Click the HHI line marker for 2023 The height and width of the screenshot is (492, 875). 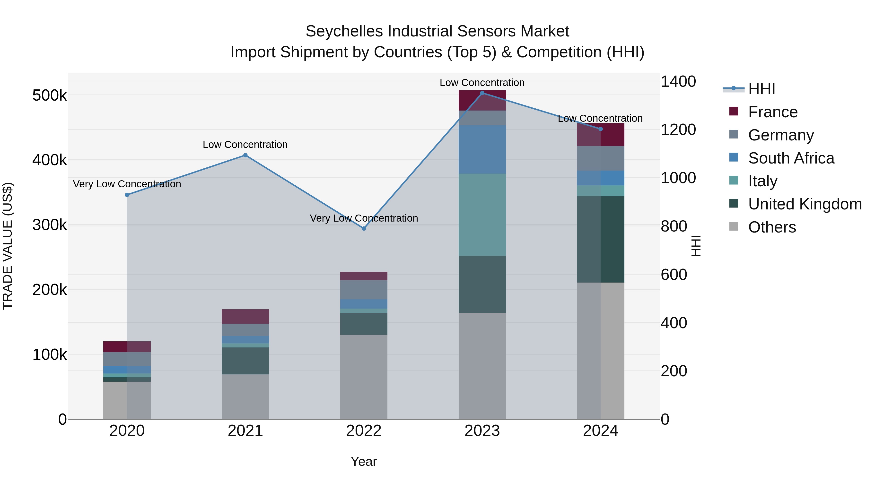482,93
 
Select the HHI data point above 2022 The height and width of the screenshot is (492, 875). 364,229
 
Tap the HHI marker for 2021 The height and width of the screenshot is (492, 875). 245,155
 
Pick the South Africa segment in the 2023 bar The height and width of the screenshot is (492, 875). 482,149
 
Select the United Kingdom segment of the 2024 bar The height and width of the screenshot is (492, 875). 601,239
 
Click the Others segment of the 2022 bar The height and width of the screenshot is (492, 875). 364,377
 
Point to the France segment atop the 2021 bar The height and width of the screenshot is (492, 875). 245,316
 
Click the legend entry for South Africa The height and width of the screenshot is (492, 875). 791,158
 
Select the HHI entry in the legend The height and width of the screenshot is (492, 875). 761,89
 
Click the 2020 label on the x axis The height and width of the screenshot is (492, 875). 127,431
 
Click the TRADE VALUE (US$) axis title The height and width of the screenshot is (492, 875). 8,246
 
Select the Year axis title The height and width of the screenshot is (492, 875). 364,461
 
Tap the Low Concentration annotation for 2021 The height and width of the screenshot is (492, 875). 245,145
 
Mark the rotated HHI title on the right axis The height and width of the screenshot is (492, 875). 696,246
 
